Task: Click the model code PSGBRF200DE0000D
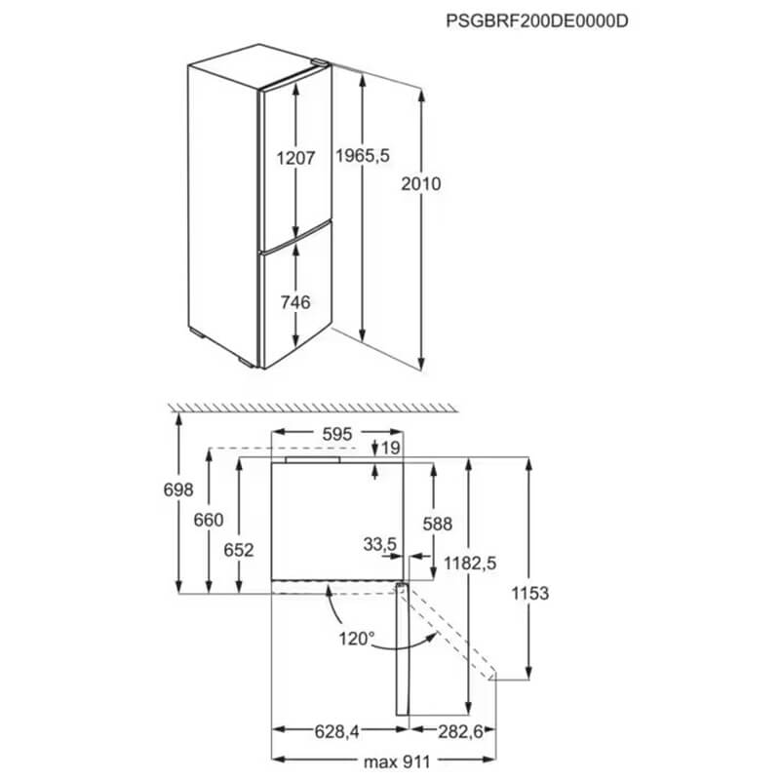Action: click(x=537, y=20)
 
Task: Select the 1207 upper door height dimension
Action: click(x=296, y=158)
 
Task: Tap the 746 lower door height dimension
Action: click(x=295, y=302)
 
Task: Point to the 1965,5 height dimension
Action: click(x=363, y=156)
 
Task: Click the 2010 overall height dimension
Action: click(x=421, y=184)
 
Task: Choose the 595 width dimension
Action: click(x=336, y=434)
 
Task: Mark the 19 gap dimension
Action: click(x=391, y=448)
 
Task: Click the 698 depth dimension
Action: click(x=178, y=489)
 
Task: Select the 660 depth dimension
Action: click(x=209, y=520)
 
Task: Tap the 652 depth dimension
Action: click(x=239, y=550)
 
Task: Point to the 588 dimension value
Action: click(x=437, y=524)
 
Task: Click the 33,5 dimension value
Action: click(x=380, y=545)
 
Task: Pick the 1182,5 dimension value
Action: click(x=470, y=564)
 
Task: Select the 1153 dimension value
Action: click(x=530, y=593)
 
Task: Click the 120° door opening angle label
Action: click(x=356, y=639)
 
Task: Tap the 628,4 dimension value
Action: click(x=336, y=732)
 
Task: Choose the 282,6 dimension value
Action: click(x=460, y=732)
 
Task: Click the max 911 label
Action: click(x=397, y=761)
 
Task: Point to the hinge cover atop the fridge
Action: click(x=320, y=62)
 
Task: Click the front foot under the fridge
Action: click(x=247, y=362)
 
